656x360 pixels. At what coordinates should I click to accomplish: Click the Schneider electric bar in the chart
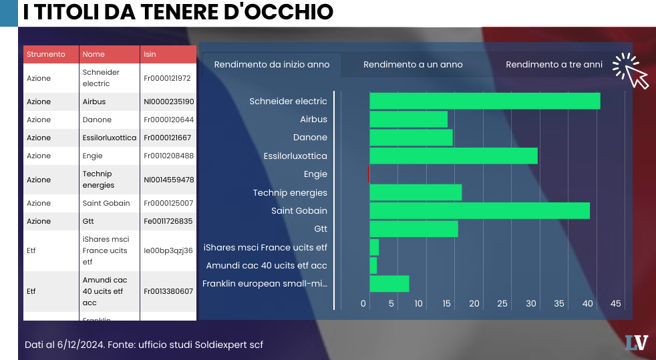coord(484,101)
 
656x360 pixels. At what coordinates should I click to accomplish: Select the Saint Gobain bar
coord(480,210)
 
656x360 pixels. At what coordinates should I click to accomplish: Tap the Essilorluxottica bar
coord(454,156)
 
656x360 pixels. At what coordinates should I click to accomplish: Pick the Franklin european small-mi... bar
coord(389,284)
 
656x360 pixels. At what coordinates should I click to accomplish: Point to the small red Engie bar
coord(369,174)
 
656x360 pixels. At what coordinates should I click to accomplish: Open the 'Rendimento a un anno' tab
coord(413,65)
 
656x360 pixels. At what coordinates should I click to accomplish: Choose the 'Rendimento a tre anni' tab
coord(554,65)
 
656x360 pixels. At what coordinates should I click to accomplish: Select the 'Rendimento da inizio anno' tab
coord(272,65)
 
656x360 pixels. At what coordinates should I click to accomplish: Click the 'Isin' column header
coord(150,54)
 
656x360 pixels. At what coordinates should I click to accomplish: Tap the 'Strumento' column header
coord(46,54)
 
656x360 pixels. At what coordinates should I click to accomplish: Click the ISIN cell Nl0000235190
coord(168,102)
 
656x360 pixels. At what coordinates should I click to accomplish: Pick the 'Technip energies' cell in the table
coord(98,180)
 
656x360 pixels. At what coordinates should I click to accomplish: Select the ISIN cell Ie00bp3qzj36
coord(168,250)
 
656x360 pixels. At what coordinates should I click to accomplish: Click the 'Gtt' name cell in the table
coord(89,221)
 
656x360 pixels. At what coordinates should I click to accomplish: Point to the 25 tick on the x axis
coord(502,304)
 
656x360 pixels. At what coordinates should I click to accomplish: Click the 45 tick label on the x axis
coord(616,304)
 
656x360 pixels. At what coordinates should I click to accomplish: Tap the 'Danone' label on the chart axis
coord(310,138)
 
